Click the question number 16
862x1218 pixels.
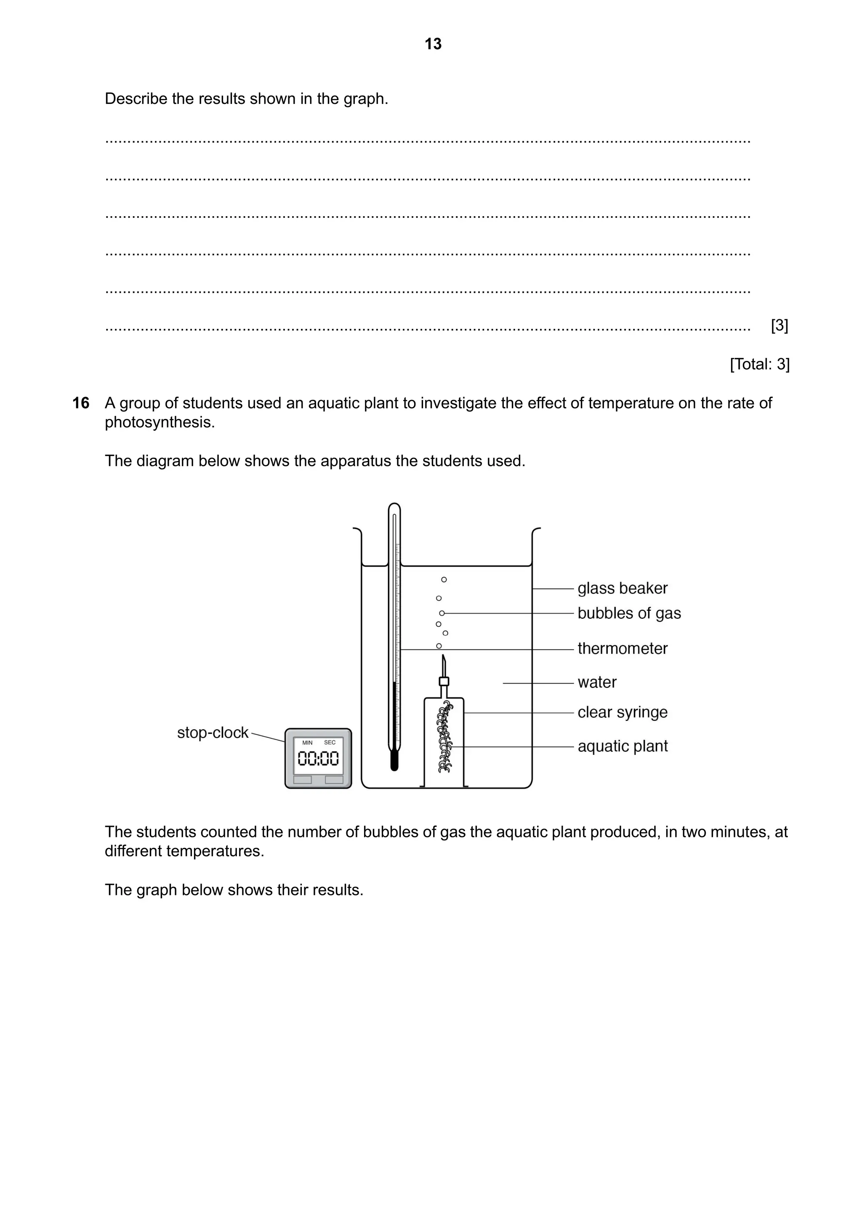tap(81, 403)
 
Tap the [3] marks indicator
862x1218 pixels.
tap(779, 325)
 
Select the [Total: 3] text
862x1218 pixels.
tap(760, 364)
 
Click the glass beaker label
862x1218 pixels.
tap(622, 588)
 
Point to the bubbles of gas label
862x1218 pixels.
tap(629, 613)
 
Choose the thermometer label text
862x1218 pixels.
tap(622, 648)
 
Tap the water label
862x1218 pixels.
tap(596, 682)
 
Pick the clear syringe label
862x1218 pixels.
tap(622, 712)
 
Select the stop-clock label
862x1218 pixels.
tap(212, 733)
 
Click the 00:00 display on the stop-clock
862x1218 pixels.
tap(318, 759)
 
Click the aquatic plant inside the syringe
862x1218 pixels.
tap(444, 737)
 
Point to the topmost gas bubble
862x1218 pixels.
tap(444, 579)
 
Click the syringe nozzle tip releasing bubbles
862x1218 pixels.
tap(443, 658)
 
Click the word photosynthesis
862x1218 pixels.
tap(159, 422)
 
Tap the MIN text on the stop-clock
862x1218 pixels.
tap(307, 743)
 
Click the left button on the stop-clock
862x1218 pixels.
tap(303, 779)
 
